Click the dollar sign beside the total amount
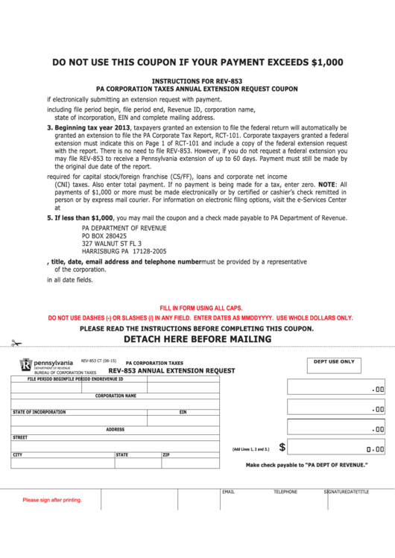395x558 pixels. point(282,447)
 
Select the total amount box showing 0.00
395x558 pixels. point(336,448)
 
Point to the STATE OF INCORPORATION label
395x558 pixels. point(39,412)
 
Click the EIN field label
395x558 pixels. point(183,412)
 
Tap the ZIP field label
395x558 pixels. point(166,454)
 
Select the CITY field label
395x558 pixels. point(17,454)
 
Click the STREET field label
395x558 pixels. point(20,438)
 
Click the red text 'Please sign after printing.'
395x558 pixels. point(52,500)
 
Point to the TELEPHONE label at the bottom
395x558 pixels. point(285,492)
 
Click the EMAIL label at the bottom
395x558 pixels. point(228,492)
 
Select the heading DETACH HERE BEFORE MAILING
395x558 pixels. point(197,340)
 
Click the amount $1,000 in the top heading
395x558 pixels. point(326,63)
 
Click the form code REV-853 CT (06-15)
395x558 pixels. point(98,360)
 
